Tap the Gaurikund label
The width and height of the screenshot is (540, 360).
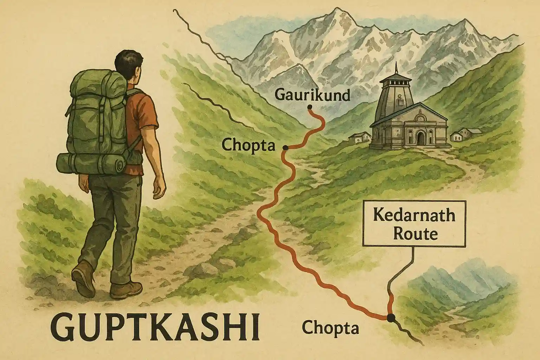click(311, 95)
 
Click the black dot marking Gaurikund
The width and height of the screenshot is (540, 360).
click(310, 107)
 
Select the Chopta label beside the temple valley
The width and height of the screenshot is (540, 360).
click(249, 145)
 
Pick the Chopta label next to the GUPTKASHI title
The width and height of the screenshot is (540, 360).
click(330, 328)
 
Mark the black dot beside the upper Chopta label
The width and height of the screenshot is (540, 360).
click(285, 148)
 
